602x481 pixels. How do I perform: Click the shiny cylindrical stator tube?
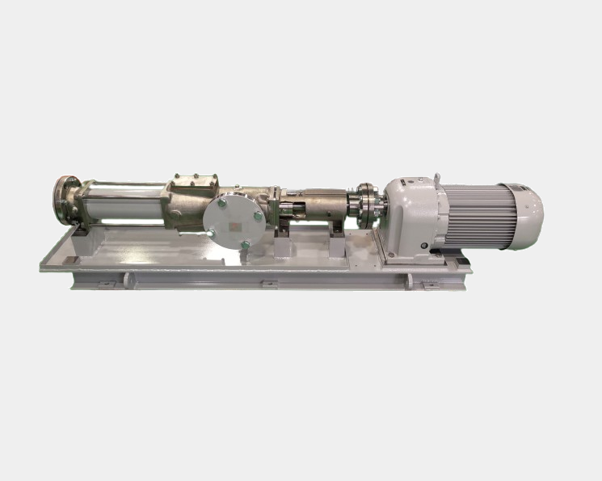125,202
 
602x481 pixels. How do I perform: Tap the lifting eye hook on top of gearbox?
437,178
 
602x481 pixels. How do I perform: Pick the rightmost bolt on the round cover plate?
258,215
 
